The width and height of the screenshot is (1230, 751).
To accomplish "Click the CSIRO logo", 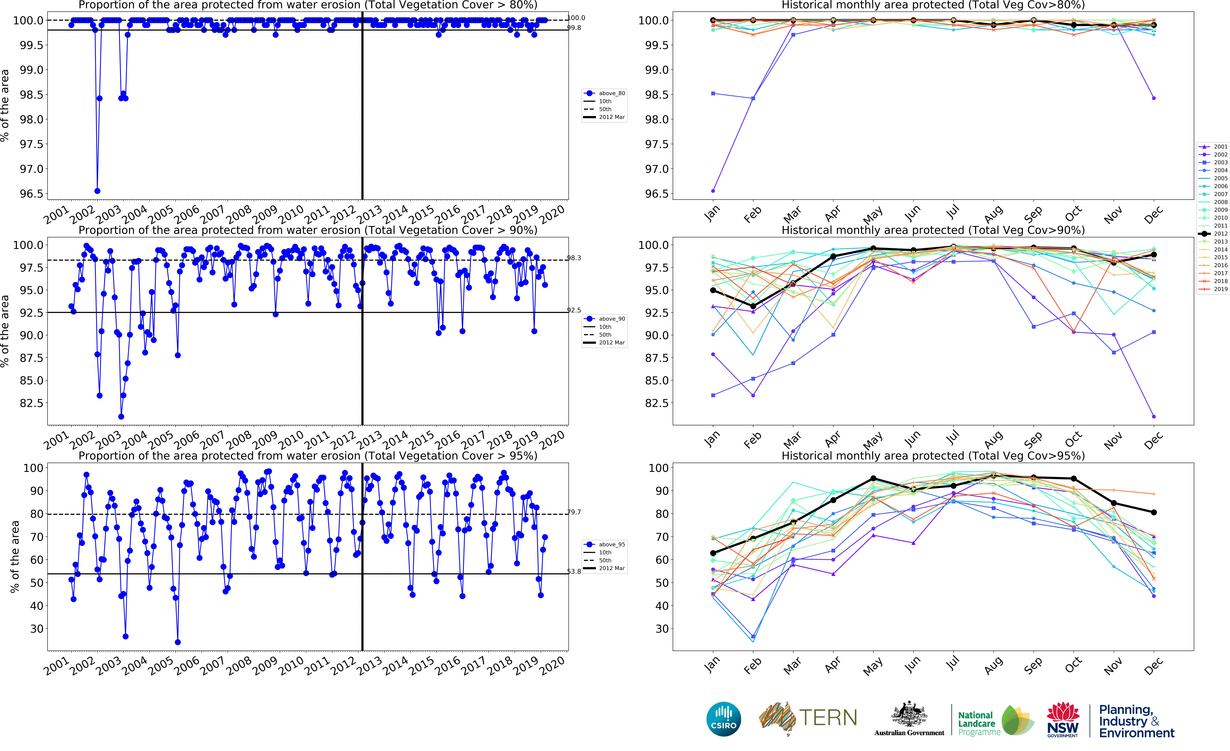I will pos(723,719).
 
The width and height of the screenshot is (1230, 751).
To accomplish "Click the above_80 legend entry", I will pos(605,93).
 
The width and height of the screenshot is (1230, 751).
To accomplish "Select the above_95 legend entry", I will pos(605,544).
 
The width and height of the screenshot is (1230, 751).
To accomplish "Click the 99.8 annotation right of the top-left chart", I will pos(574,28).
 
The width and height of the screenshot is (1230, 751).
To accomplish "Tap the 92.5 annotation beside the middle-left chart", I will pos(574,310).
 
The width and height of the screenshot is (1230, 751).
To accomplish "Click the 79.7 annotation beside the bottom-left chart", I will pos(574,512).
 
